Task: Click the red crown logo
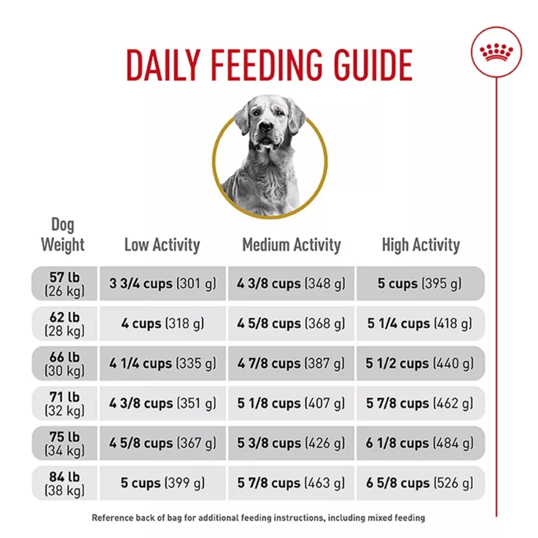pos(496,52)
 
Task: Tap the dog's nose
pos(265,127)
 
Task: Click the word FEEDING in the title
pos(266,65)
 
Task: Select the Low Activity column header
pos(162,245)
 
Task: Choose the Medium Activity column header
pos(291,245)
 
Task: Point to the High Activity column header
pos(421,245)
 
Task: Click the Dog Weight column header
pos(63,235)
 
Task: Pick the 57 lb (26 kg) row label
pos(65,284)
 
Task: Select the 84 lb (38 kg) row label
pos(65,483)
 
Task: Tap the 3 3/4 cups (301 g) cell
pos(162,284)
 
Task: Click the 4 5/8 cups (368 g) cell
pos(291,324)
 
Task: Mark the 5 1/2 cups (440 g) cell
pos(420,363)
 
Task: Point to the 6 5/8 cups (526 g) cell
pos(420,483)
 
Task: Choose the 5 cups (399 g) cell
pos(162,483)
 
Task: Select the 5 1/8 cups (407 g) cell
pos(291,403)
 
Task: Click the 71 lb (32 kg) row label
pos(65,403)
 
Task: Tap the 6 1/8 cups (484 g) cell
pos(420,443)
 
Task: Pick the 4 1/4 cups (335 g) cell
pos(162,363)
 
